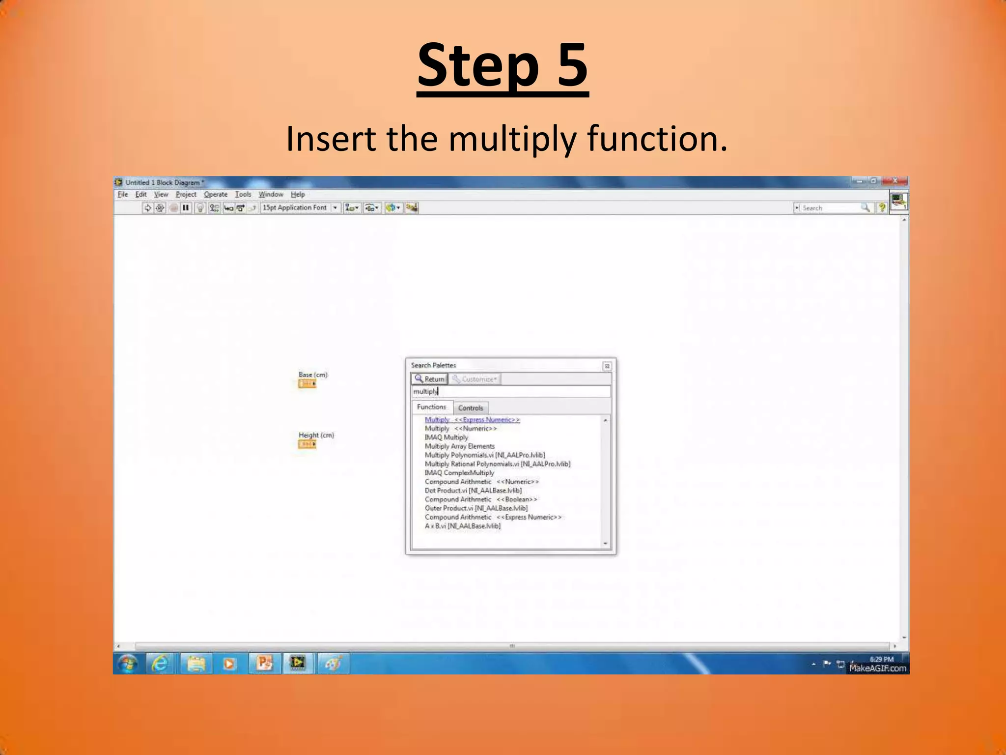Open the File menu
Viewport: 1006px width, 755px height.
(x=122, y=195)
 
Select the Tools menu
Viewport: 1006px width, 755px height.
(x=243, y=195)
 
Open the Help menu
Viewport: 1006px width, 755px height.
(x=297, y=195)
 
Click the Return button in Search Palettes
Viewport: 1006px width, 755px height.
(x=429, y=379)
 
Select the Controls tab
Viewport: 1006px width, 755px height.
(x=470, y=408)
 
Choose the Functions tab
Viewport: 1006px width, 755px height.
(x=431, y=407)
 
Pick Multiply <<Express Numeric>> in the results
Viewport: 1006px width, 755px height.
(x=472, y=420)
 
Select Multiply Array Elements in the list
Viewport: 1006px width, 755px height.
(x=459, y=446)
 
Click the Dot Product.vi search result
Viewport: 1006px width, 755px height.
(x=473, y=491)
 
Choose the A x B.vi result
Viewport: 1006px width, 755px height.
(x=462, y=526)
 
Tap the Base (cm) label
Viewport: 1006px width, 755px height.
(x=313, y=375)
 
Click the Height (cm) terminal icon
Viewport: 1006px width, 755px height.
(x=307, y=444)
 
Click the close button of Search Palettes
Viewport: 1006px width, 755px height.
(x=607, y=366)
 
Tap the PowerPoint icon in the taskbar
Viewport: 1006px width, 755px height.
(x=264, y=664)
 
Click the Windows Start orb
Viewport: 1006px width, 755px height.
(x=128, y=664)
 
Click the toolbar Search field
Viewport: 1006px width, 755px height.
(x=830, y=208)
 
